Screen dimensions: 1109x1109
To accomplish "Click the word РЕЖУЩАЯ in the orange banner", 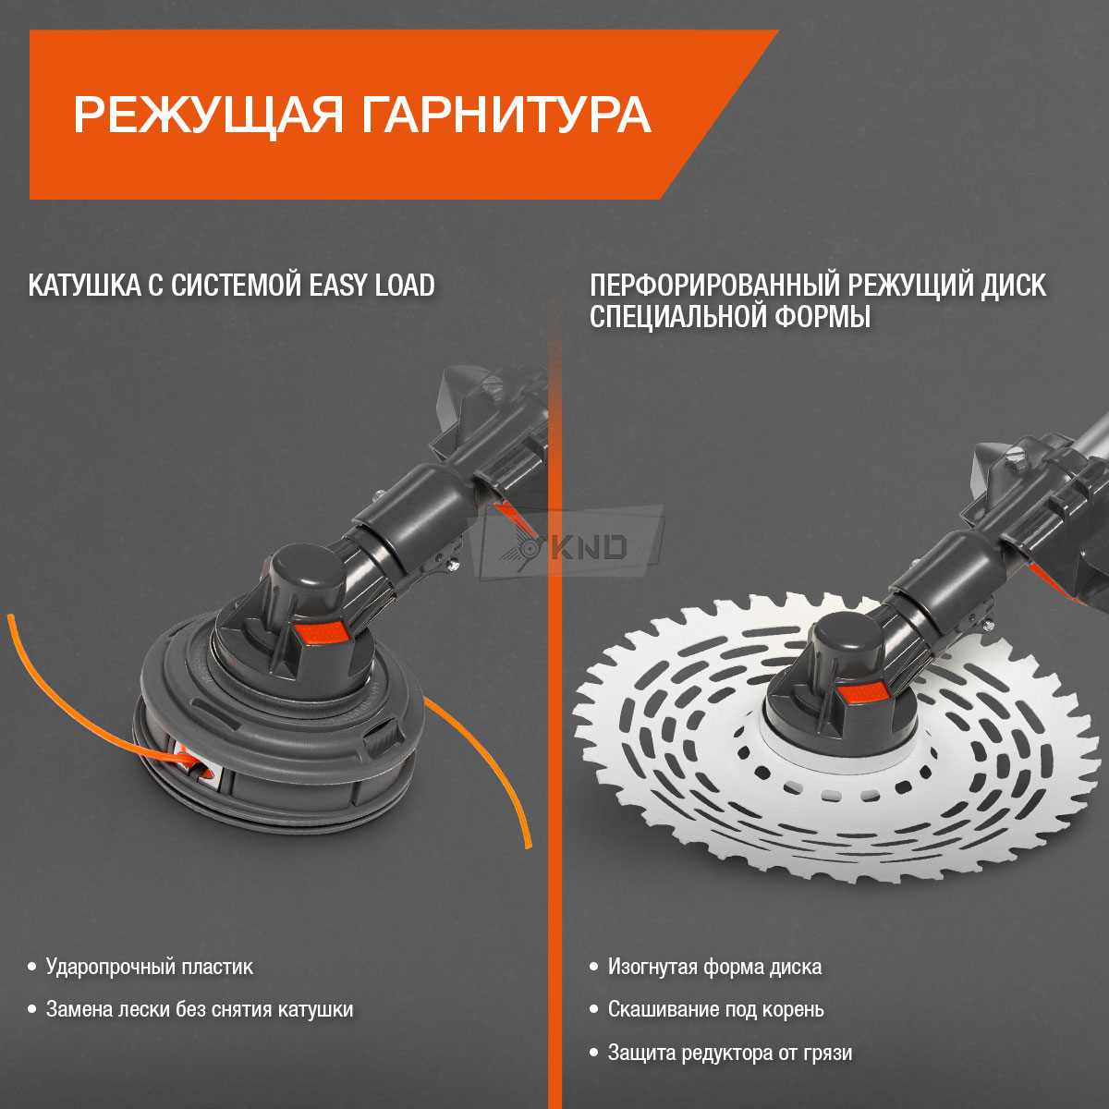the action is click(x=208, y=116).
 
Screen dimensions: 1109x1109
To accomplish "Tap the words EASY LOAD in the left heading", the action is click(x=372, y=286).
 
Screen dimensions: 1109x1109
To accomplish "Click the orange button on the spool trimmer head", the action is click(x=323, y=632).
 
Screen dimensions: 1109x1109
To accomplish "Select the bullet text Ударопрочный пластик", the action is click(x=150, y=967).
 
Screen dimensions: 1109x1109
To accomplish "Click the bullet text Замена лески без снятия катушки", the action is click(x=200, y=1009).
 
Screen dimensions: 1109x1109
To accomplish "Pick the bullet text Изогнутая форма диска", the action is click(x=714, y=967).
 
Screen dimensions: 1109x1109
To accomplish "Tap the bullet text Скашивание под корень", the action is click(x=716, y=1009).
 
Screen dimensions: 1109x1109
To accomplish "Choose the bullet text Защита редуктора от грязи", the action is click(x=730, y=1053).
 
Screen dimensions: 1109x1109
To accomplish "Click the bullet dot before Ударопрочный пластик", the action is click(x=32, y=967).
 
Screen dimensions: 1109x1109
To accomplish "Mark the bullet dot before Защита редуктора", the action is click(x=594, y=1053).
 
